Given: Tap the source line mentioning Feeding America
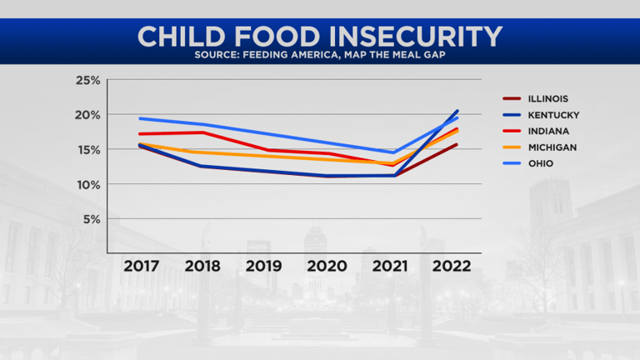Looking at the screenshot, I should pos(320,57).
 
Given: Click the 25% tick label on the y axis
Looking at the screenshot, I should pos(87,80).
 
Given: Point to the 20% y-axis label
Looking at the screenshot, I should pos(87,115).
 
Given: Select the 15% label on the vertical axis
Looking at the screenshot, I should pos(87,150).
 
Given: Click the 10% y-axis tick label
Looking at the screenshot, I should pos(87,184).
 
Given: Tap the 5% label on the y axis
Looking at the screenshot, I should pos(92,219).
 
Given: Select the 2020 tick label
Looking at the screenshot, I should pos(328,266).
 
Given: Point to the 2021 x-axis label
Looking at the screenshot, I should pos(390,266).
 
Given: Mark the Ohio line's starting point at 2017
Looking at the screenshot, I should pos(140,118).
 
